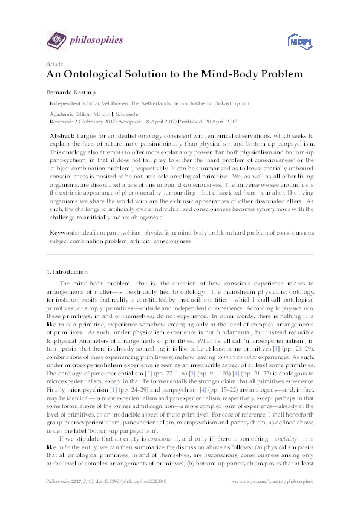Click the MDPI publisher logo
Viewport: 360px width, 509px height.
coord(300,41)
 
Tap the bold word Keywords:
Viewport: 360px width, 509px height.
coord(64,232)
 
